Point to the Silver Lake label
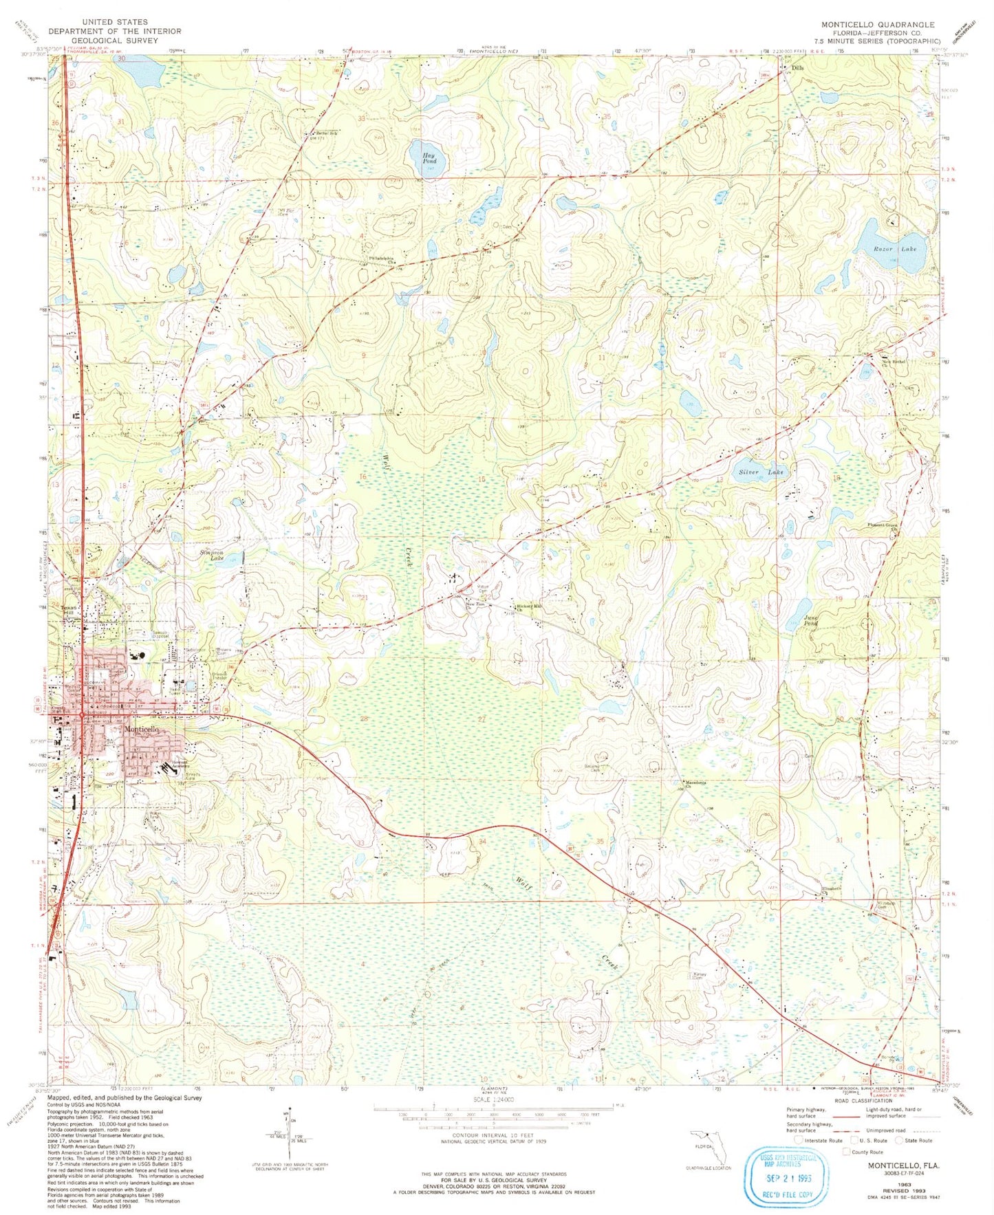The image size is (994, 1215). click(761, 472)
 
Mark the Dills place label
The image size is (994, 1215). click(797, 69)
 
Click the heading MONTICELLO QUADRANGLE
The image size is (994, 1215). click(878, 24)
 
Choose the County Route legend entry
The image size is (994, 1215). click(863, 1152)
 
